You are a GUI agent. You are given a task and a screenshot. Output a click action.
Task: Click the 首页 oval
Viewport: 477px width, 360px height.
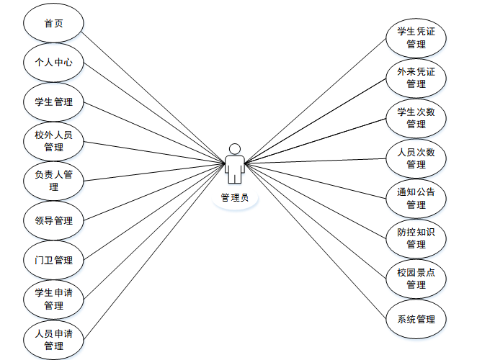53,23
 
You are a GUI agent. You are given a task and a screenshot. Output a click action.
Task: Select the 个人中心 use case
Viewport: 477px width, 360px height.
53,63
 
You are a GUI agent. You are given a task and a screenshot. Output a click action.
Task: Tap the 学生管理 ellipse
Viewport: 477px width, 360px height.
53,102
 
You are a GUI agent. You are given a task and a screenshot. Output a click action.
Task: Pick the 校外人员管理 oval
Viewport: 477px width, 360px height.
53,141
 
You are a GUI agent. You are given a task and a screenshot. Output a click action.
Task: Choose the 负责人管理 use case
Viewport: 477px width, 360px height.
53,181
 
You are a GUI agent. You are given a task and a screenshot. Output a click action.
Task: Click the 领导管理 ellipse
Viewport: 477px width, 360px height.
53,220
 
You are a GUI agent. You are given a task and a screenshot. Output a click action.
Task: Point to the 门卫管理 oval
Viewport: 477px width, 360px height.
53,260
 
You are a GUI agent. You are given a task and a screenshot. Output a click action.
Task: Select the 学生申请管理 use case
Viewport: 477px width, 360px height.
53,300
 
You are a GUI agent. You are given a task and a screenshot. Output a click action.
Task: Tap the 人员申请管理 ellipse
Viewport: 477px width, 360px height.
53,340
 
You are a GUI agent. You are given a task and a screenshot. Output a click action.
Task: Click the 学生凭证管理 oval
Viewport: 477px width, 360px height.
416,38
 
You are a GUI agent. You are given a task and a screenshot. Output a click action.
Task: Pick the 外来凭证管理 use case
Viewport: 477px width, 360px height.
416,78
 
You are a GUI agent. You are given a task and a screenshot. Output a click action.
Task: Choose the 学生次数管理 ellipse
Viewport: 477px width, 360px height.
416,117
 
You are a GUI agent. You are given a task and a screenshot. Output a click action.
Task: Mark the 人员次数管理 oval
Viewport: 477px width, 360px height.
416,158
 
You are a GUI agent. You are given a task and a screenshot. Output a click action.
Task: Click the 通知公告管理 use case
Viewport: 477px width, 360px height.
416,198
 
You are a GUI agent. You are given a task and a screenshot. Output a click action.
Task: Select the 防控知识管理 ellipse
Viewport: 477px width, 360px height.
416,238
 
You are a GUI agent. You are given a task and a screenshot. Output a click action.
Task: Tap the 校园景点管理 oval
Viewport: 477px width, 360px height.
416,279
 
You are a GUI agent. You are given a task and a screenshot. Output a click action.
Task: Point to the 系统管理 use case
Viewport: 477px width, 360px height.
416,319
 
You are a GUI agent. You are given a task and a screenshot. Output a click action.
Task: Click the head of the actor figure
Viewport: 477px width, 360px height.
234,149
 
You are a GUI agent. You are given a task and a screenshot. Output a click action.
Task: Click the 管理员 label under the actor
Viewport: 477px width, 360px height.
234,197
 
